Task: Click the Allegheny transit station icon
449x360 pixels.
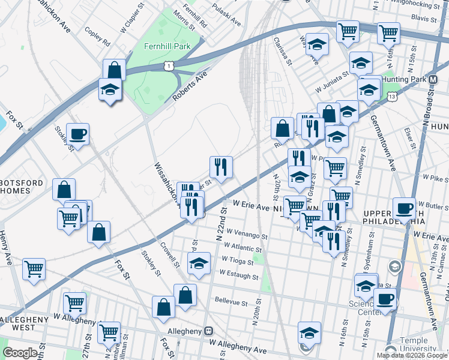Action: [x=209, y=331]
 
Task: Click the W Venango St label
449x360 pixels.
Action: [x=247, y=236]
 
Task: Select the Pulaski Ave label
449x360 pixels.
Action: [x=228, y=20]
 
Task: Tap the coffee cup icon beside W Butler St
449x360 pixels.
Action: [x=405, y=208]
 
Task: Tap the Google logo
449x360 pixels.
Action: [x=20, y=353]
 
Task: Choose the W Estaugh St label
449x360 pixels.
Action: [x=239, y=277]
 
